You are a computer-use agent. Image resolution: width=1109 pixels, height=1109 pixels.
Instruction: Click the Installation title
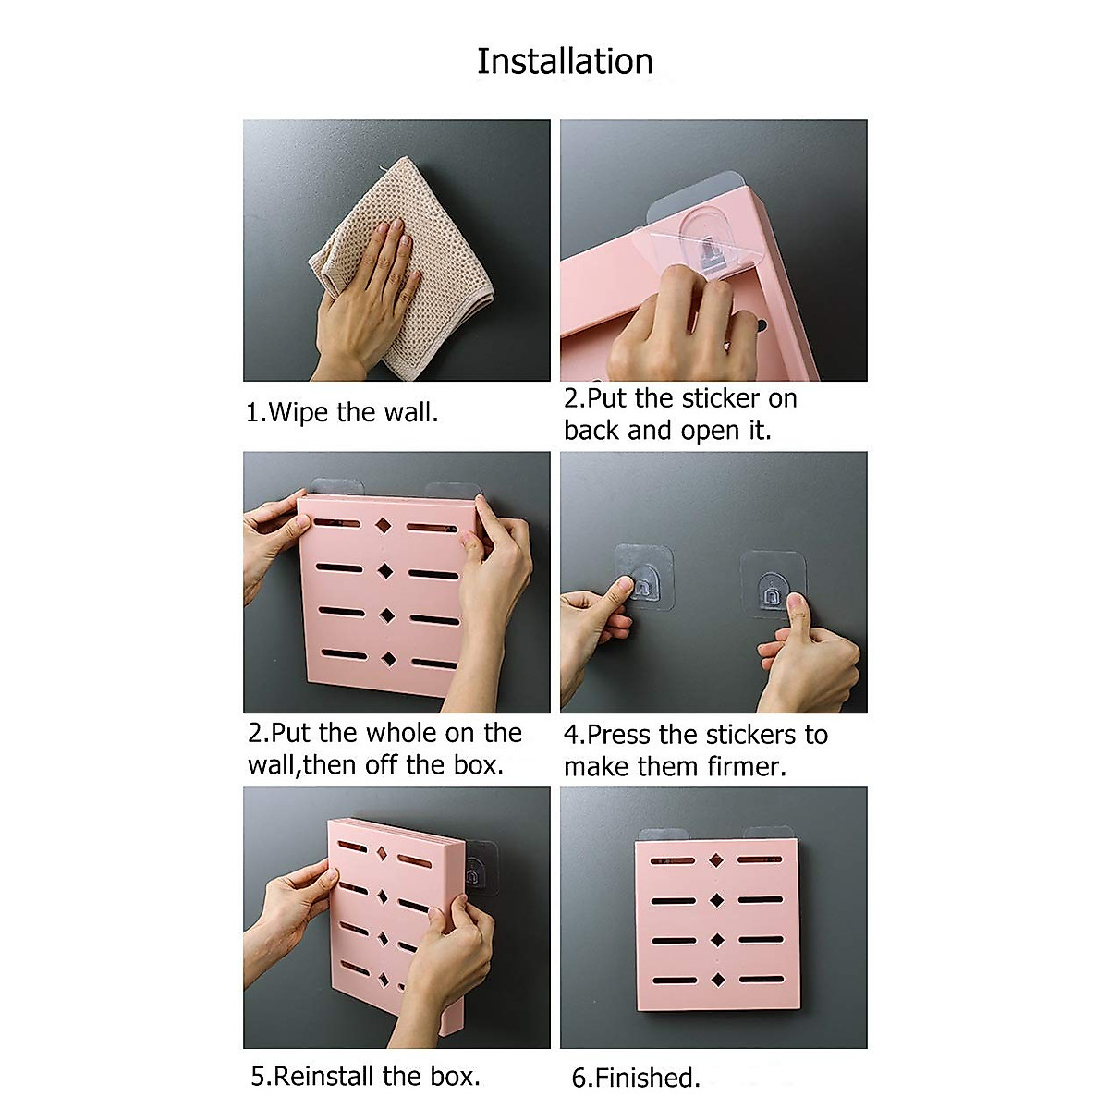tap(565, 61)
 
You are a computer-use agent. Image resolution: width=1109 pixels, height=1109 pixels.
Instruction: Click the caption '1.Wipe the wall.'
tap(342, 412)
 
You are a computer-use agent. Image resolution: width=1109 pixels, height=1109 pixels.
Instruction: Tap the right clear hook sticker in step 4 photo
tap(769, 582)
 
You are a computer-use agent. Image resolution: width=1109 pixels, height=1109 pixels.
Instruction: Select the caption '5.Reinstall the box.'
tap(365, 1076)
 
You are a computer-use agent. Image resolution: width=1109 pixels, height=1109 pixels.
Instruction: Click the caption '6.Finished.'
tap(636, 1078)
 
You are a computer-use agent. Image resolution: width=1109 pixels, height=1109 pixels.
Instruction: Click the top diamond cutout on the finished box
tap(715, 860)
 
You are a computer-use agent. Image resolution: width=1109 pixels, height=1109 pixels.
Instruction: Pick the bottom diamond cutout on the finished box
tap(717, 980)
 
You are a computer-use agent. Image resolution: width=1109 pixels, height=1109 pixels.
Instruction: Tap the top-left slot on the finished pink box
tap(672, 861)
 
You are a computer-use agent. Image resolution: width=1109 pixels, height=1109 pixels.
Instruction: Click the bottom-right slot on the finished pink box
tap(761, 980)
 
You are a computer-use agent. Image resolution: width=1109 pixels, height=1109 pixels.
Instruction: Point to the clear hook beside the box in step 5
tap(476, 869)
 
